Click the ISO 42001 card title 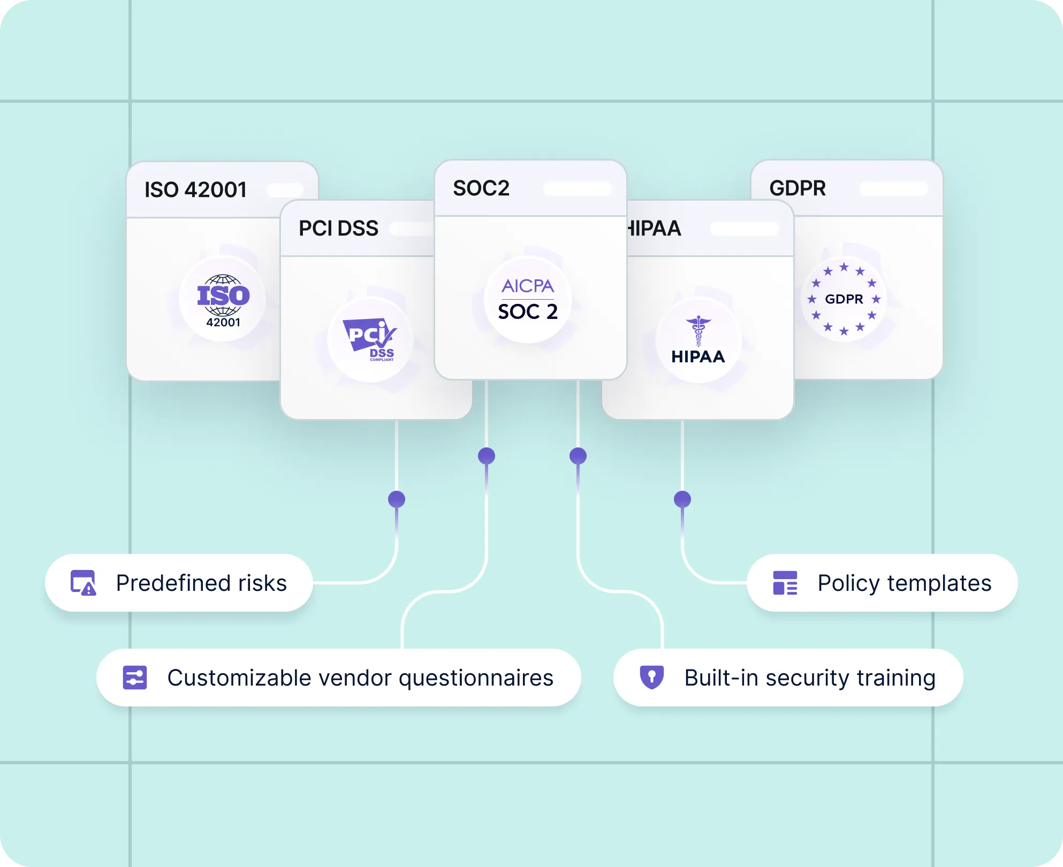(x=195, y=190)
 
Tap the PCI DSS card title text (x=338, y=229)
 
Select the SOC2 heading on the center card (x=481, y=188)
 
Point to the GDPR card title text (x=797, y=188)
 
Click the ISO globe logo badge (x=223, y=299)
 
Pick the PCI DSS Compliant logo (x=370, y=339)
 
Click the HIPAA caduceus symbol (x=698, y=331)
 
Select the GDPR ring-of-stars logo (x=844, y=299)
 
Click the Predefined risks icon (x=83, y=583)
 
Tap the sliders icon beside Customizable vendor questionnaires (x=135, y=678)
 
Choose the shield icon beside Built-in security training (x=652, y=677)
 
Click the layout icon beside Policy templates (x=785, y=583)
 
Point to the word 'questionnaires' (x=476, y=678)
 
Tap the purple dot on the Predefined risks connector (x=397, y=499)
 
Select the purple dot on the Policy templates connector (x=682, y=499)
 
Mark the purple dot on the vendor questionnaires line (x=487, y=456)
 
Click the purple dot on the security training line (x=578, y=456)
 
